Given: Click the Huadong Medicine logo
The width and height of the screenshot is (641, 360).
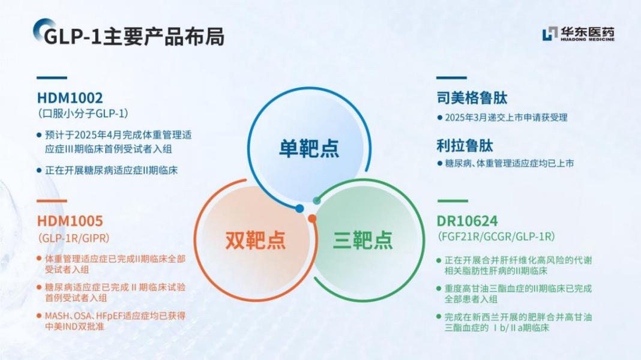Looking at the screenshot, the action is pyautogui.click(x=579, y=34).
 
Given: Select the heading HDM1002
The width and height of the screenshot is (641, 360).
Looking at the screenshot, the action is pyautogui.click(x=70, y=98).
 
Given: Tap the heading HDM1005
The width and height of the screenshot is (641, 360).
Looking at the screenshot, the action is pyautogui.click(x=70, y=221).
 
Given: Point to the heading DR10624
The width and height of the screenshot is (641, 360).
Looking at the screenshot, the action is pyautogui.click(x=468, y=221).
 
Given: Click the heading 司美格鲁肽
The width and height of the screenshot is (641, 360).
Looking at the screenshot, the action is pyautogui.click(x=472, y=98).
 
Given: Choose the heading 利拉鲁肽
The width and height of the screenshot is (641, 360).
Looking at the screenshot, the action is pyautogui.click(x=465, y=146).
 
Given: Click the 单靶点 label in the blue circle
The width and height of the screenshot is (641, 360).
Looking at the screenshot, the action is pyautogui.click(x=309, y=148).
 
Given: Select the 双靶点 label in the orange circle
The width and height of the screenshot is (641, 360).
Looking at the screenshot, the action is pyautogui.click(x=256, y=240).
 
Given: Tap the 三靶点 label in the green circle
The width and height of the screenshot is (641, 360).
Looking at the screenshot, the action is pyautogui.click(x=363, y=240).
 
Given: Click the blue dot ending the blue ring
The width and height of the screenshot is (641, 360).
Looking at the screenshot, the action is pyautogui.click(x=299, y=209).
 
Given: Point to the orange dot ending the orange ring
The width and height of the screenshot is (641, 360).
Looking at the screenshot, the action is pyautogui.click(x=312, y=218).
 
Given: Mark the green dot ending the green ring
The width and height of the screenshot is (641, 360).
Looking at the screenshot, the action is pyautogui.click(x=317, y=200).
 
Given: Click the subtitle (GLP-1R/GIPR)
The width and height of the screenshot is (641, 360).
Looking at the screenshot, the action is pyautogui.click(x=74, y=238).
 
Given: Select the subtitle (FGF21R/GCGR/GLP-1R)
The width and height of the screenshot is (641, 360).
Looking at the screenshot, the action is pyautogui.click(x=496, y=236).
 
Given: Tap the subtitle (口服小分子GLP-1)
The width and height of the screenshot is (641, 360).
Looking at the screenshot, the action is pyautogui.click(x=83, y=113).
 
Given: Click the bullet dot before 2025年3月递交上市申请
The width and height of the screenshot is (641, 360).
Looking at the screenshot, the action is pyautogui.click(x=440, y=118).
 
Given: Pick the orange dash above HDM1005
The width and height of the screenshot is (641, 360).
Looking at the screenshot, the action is pyautogui.click(x=52, y=201).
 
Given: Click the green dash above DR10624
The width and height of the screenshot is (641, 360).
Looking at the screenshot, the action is pyautogui.click(x=452, y=201).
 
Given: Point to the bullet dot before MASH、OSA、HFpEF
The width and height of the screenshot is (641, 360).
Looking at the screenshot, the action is pyautogui.click(x=39, y=316).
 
